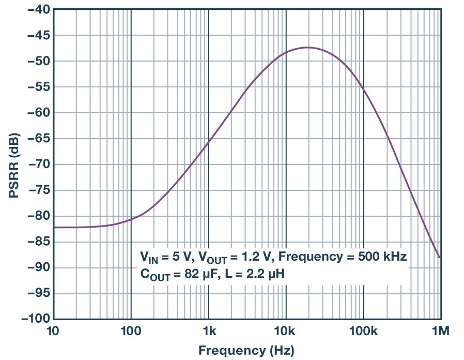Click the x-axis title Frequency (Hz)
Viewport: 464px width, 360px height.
(x=247, y=350)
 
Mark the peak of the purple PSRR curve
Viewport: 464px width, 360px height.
(x=308, y=48)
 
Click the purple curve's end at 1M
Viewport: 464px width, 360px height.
(x=440, y=257)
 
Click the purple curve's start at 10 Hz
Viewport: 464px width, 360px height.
(x=54, y=227)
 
